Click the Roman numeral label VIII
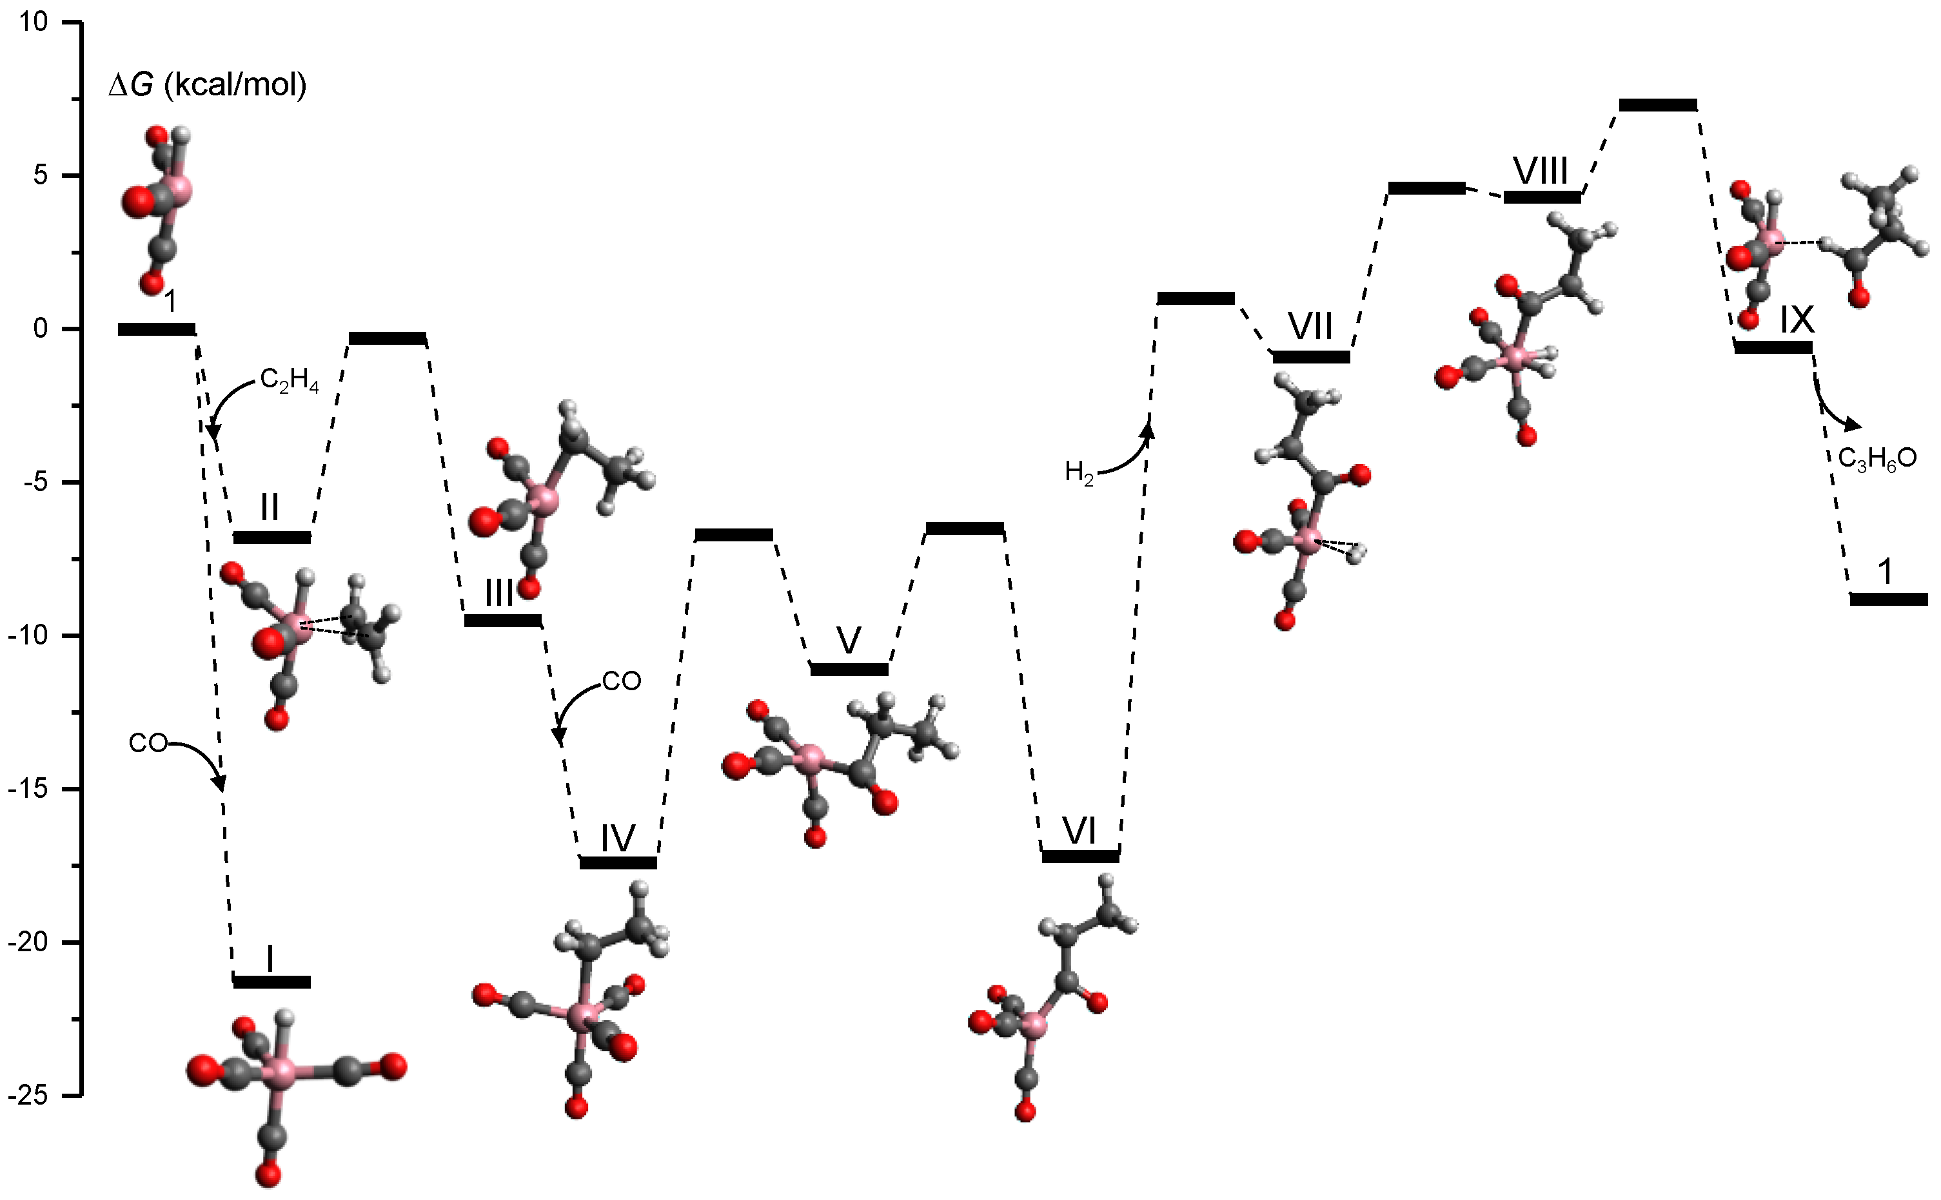pyautogui.click(x=1540, y=171)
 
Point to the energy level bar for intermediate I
pyautogui.click(x=271, y=982)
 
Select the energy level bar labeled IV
pyautogui.click(x=618, y=863)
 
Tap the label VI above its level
pyautogui.click(x=1079, y=831)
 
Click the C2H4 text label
pyautogui.click(x=290, y=381)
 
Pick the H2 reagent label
pyautogui.click(x=1079, y=473)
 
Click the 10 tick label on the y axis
pyautogui.click(x=34, y=22)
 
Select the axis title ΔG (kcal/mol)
pyautogui.click(x=208, y=84)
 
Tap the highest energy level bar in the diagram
pyautogui.click(x=1658, y=105)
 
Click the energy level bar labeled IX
pyautogui.click(x=1773, y=347)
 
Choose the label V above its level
pyautogui.click(x=849, y=640)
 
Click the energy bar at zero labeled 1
pyautogui.click(x=157, y=329)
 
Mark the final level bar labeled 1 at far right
pyautogui.click(x=1889, y=599)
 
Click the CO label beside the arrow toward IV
pyautogui.click(x=621, y=681)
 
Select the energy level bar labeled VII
pyautogui.click(x=1311, y=357)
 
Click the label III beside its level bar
pyautogui.click(x=498, y=592)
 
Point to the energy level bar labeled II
pyautogui.click(x=271, y=537)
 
